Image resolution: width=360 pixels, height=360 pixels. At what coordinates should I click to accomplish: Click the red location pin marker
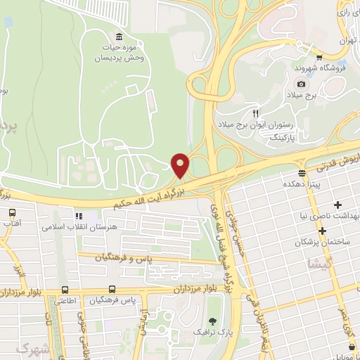[181, 165]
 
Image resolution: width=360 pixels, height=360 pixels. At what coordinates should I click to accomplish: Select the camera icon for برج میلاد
[301, 84]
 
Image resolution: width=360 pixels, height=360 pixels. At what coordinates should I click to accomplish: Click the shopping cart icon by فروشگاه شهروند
[319, 58]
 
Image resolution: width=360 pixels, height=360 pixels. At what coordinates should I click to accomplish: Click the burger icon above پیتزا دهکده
[302, 172]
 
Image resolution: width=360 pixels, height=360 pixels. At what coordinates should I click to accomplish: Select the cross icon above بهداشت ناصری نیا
[338, 205]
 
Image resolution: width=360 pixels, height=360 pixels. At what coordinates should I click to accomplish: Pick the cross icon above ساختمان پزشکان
[323, 231]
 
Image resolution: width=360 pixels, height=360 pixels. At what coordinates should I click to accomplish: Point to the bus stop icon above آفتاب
[13, 211]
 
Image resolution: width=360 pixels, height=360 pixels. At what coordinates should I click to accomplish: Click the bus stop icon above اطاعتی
[65, 289]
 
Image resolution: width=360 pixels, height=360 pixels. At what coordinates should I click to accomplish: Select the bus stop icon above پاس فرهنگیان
[112, 289]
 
